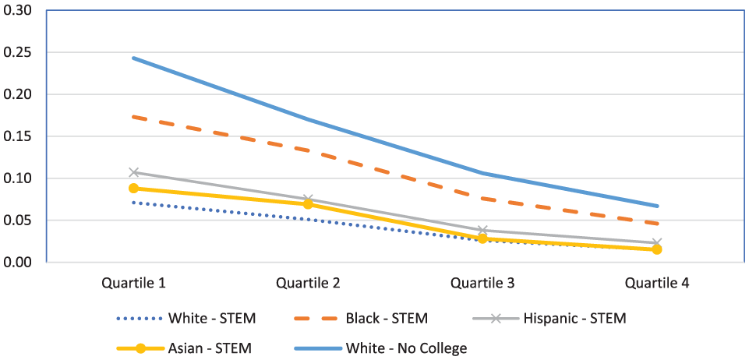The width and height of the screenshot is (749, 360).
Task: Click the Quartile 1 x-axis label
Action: coord(134,283)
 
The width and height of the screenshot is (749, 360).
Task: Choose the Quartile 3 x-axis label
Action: coord(482,283)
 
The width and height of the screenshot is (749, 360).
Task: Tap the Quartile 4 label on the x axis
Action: coord(657,283)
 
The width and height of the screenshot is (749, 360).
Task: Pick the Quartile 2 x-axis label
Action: coord(308,283)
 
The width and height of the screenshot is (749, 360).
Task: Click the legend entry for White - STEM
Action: coord(186,318)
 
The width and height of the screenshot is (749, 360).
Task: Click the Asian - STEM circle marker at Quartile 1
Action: coord(134,188)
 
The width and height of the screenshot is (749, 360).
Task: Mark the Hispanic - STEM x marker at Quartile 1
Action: coord(134,172)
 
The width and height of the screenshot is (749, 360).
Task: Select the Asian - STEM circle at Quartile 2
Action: coord(308,204)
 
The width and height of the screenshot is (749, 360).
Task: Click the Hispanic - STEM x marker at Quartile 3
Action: coord(482,231)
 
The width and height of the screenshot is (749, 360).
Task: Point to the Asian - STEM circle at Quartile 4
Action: coord(657,249)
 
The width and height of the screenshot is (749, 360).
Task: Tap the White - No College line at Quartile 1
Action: coord(134,58)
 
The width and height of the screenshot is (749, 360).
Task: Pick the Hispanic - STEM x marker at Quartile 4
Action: coord(657,243)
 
